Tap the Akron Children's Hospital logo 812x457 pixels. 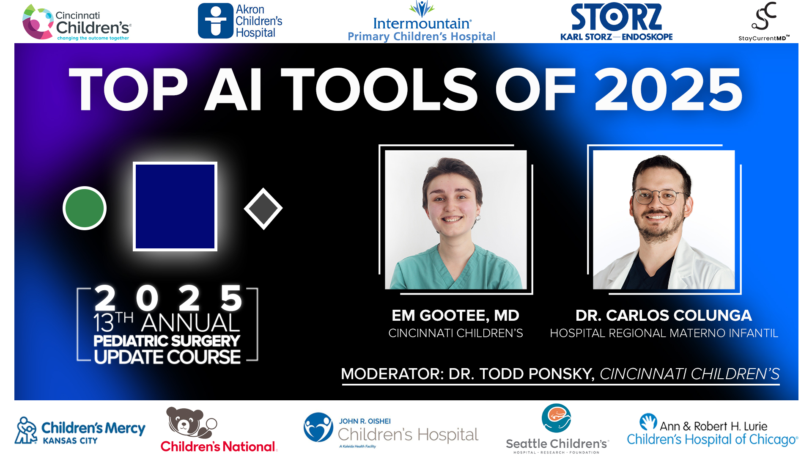[240, 21]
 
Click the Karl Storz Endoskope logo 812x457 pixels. [616, 22]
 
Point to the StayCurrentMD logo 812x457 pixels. [764, 21]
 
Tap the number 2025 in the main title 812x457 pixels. [668, 90]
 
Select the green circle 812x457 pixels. [85, 208]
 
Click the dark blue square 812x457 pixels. [175, 206]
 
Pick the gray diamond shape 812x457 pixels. [263, 209]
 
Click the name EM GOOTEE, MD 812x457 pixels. [455, 316]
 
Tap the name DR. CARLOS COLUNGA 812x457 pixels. [663, 316]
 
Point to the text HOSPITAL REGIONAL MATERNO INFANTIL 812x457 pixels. [664, 333]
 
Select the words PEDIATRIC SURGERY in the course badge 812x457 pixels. [167, 341]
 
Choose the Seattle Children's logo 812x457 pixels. [557, 428]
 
